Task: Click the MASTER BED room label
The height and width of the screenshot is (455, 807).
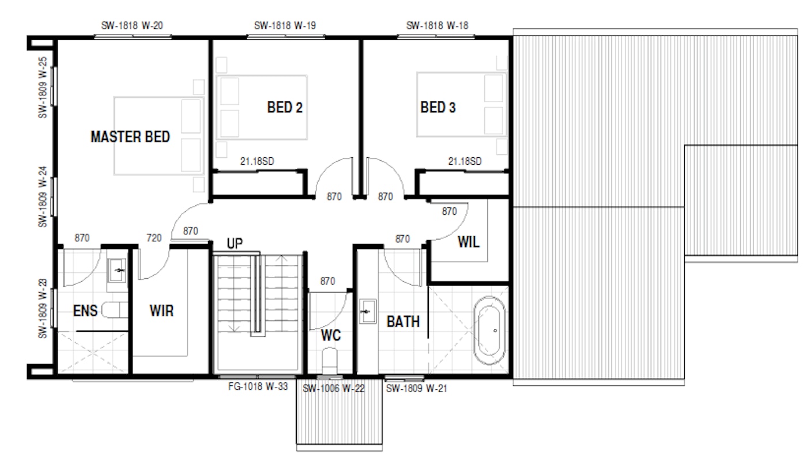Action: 130,137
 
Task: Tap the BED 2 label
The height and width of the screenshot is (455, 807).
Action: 285,107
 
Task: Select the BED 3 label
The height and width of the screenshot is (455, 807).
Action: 438,107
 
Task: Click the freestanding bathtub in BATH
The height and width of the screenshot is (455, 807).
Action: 489,331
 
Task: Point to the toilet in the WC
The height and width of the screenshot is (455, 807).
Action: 329,361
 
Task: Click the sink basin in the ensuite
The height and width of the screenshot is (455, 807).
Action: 116,270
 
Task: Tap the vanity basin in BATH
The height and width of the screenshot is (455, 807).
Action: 368,312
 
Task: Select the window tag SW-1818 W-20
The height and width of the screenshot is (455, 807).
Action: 132,25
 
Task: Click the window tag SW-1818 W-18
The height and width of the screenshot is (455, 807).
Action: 437,25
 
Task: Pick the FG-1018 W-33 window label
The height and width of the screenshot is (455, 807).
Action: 258,386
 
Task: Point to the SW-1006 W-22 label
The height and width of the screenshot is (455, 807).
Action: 334,389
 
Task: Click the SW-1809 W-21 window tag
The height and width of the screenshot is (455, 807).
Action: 416,388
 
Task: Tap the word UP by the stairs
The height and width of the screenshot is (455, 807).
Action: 235,244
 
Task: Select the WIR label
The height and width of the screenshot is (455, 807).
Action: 162,310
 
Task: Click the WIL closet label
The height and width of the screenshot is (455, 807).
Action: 468,242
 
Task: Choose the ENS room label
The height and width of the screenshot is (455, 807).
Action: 85,310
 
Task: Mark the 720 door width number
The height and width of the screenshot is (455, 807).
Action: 154,238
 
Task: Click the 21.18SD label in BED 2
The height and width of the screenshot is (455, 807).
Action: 257,161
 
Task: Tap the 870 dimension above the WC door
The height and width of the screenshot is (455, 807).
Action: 327,281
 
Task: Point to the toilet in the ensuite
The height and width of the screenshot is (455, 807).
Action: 115,310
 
